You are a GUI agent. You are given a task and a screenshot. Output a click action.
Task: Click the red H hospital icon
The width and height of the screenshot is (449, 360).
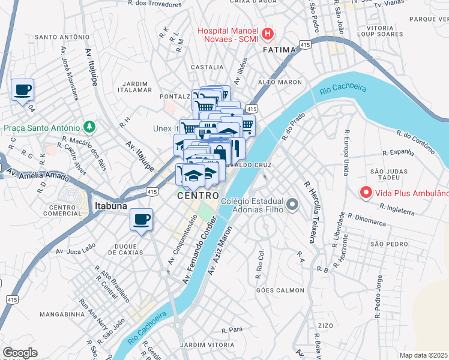click(x=268, y=33)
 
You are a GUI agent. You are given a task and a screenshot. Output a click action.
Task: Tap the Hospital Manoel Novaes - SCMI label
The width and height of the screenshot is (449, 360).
click(x=228, y=35)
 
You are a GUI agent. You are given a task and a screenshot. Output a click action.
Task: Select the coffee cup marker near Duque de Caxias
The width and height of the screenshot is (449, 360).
click(x=142, y=220)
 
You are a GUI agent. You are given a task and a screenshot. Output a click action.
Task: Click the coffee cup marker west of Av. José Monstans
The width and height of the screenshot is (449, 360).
click(x=23, y=91)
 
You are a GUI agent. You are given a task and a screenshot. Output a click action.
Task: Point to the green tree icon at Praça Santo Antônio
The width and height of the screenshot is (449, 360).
click(x=89, y=127)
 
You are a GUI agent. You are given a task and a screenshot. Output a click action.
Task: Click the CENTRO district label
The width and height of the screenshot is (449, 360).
click(x=197, y=196)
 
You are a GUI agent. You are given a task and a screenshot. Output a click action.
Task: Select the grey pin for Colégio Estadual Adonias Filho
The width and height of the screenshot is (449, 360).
click(x=292, y=205)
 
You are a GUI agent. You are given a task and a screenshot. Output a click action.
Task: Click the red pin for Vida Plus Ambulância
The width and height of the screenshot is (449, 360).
click(x=365, y=193)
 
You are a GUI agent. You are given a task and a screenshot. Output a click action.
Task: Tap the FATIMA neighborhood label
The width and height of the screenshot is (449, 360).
click(x=280, y=50)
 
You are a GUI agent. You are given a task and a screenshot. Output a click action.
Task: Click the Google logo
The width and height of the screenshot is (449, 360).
click(x=20, y=353)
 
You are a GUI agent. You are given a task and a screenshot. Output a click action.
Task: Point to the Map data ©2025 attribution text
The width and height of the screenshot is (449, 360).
click(x=424, y=355)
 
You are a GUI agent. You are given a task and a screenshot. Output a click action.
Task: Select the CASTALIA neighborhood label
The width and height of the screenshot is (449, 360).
click(x=207, y=67)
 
